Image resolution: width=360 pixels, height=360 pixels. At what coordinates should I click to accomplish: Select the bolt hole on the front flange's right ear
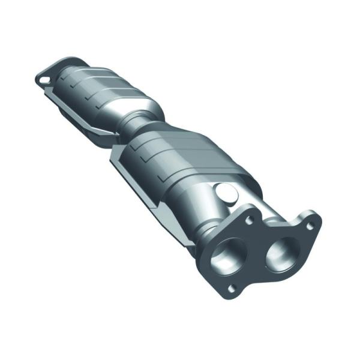(x=310, y=226)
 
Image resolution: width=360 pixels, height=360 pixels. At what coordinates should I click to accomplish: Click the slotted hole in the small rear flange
(x=44, y=78)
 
